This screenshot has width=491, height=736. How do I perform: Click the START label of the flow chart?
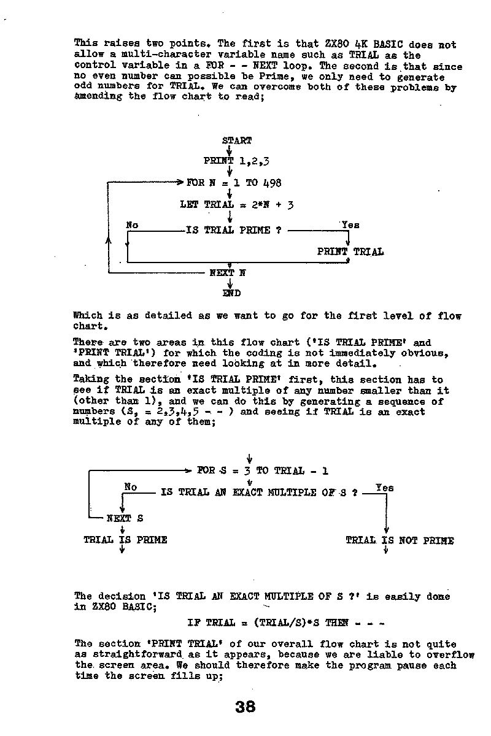click(x=237, y=140)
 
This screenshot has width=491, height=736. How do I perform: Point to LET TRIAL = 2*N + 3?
click(x=236, y=205)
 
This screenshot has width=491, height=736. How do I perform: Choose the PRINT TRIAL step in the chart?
click(x=350, y=251)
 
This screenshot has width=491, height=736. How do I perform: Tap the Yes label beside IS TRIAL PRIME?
click(x=350, y=225)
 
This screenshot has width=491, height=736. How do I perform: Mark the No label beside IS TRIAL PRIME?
click(x=132, y=225)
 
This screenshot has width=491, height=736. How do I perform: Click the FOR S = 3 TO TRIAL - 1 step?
click(x=263, y=471)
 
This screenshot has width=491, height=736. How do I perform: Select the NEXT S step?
click(x=125, y=518)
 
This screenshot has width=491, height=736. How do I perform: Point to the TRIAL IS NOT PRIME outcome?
click(x=400, y=540)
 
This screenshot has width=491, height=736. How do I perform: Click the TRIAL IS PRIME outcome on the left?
click(x=125, y=540)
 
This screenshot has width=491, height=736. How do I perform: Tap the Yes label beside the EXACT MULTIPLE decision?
click(x=384, y=488)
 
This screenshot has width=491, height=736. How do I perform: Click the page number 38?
click(x=245, y=707)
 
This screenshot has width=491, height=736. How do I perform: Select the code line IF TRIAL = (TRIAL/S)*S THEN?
click(x=286, y=623)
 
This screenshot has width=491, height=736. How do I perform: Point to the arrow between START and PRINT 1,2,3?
click(x=229, y=150)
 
